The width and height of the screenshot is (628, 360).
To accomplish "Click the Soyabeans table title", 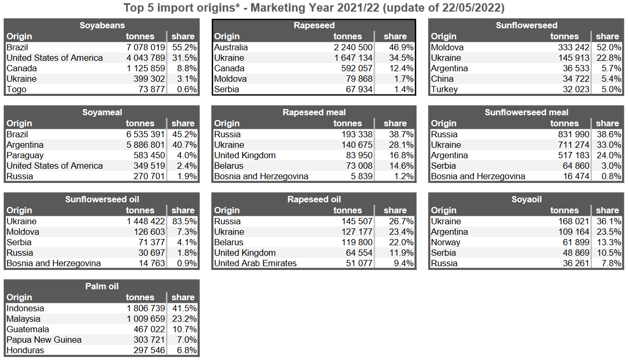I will [102, 25].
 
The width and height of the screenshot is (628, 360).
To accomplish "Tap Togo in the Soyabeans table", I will [16, 89].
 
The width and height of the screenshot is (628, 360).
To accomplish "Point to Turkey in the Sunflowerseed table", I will [444, 89].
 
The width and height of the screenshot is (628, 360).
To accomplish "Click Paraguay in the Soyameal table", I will [25, 155].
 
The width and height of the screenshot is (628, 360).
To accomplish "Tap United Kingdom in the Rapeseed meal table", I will [245, 155].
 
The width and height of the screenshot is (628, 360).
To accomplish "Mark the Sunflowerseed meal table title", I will [526, 112].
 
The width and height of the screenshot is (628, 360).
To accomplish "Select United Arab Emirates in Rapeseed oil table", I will [255, 263].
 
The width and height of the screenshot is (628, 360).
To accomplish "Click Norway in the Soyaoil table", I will [446, 242].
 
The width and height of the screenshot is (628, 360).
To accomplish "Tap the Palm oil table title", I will [102, 286].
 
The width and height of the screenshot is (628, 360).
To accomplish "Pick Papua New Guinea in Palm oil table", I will [44, 340].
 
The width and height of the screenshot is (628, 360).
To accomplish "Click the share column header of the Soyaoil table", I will [608, 210].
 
